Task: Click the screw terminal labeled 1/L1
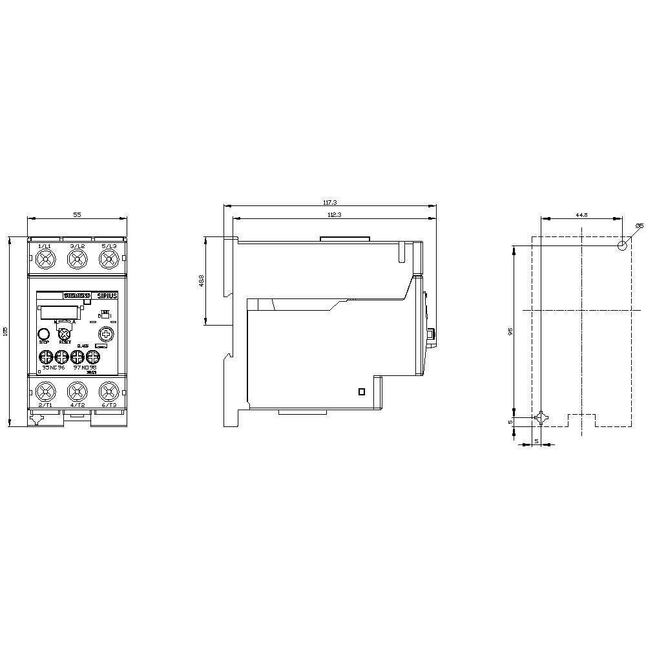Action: coord(45,260)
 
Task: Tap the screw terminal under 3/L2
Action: coord(77,260)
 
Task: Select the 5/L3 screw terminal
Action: coord(108,260)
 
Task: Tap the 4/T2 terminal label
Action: coord(77,404)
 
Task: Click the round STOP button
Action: coord(44,334)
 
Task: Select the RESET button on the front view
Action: coord(65,334)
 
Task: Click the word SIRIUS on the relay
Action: coord(107,295)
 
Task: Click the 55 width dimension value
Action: coord(77,214)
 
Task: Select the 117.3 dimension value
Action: coord(329,202)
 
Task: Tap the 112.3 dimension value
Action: coord(334,214)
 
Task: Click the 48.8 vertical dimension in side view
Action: coord(201,281)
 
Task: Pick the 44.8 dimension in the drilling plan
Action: coord(581,214)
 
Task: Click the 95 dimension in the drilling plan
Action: coord(510,331)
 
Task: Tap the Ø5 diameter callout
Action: coord(638,225)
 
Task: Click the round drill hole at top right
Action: coord(622,245)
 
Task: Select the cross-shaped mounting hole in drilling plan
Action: coord(541,418)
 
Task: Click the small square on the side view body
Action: coord(362,391)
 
